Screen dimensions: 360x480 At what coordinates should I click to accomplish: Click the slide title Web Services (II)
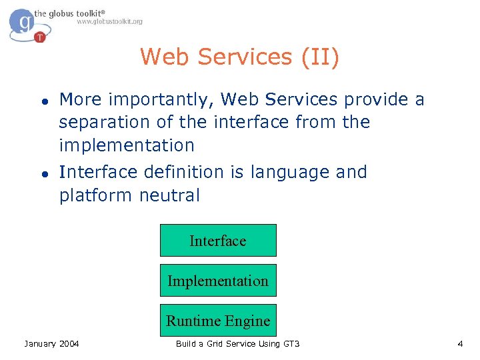(x=239, y=57)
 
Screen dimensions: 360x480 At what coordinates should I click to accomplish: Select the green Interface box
(x=218, y=241)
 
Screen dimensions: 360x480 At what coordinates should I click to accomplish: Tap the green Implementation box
(x=218, y=281)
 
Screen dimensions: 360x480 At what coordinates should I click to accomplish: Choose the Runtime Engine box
(x=218, y=321)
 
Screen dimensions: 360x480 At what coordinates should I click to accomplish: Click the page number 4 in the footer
(x=460, y=343)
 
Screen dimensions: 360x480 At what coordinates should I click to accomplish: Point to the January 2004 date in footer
(x=51, y=343)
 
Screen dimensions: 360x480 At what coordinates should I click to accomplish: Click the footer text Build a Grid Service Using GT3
(x=237, y=343)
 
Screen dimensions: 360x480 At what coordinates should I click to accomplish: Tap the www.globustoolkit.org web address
(x=109, y=21)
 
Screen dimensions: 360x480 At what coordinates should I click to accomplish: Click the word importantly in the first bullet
(x=162, y=100)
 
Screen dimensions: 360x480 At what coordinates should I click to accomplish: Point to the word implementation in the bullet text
(x=127, y=145)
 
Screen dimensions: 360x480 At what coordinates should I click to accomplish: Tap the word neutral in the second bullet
(x=169, y=195)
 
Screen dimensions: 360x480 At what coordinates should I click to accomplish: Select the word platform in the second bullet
(x=96, y=195)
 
